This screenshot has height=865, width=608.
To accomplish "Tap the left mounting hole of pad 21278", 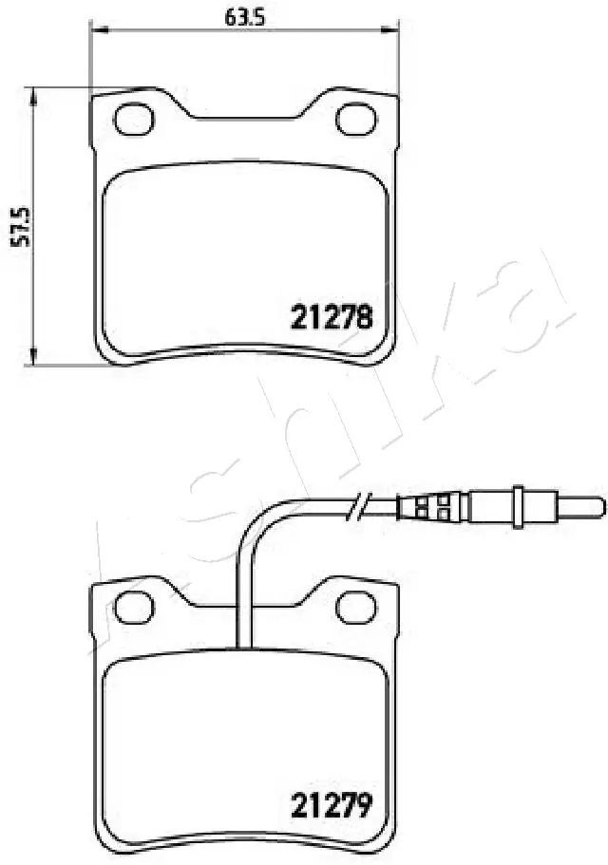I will pos(133,118).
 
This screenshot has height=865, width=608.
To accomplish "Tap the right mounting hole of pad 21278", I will pos(357,118).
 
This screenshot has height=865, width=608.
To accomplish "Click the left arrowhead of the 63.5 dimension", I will pos(95,30).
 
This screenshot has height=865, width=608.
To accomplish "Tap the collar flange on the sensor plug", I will pos(519,502).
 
